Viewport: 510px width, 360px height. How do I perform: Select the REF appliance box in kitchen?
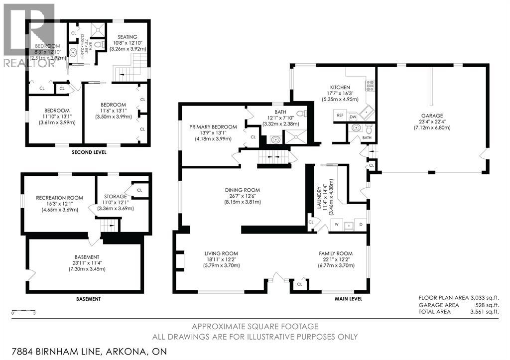[x=340, y=116]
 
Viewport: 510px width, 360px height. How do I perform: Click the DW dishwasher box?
[x=353, y=117]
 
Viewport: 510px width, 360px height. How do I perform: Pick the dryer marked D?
[x=361, y=225]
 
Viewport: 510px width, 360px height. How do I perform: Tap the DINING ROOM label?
[x=243, y=190]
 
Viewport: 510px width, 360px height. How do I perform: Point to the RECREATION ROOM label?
[x=59, y=198]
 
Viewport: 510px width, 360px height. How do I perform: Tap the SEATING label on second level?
[x=128, y=36]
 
